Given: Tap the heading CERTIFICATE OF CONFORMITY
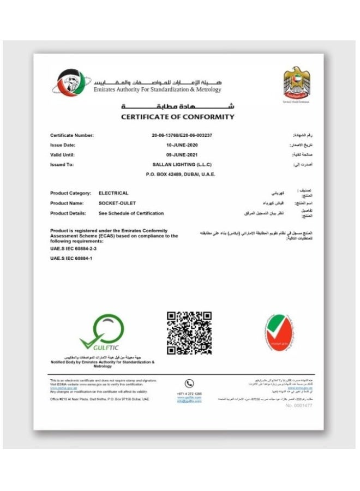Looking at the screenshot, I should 177,117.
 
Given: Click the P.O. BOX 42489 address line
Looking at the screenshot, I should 181,174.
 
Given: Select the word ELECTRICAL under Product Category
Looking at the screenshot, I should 113,193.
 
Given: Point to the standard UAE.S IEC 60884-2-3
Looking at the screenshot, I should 72,248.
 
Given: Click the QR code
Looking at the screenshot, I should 189,332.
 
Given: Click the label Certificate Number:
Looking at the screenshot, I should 72,135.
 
